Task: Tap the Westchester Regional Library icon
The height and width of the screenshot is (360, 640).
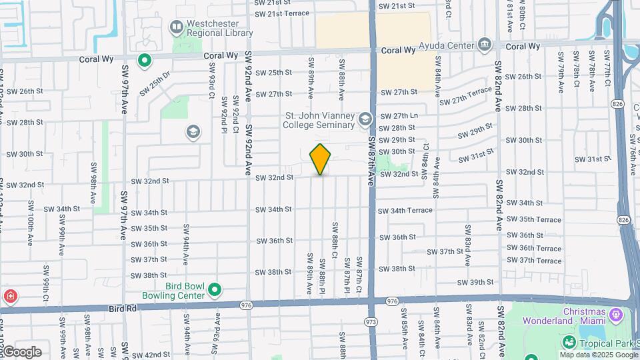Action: [177, 27]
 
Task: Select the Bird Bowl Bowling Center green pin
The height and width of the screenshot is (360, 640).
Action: [214, 289]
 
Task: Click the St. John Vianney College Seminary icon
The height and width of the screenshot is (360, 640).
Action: [365, 119]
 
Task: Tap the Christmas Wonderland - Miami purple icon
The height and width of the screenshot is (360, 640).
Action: [614, 313]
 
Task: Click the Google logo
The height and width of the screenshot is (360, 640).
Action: [21, 351]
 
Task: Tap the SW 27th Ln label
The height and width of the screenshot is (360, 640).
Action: [399, 115]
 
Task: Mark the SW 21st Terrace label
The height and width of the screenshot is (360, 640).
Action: [283, 13]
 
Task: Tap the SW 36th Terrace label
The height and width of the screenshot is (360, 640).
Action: [534, 248]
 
